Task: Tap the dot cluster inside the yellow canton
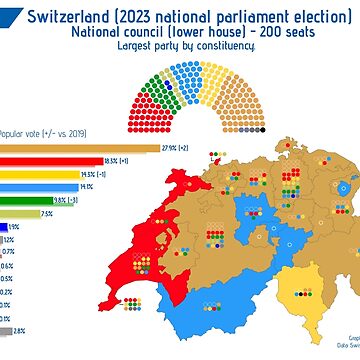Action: (300, 296)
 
